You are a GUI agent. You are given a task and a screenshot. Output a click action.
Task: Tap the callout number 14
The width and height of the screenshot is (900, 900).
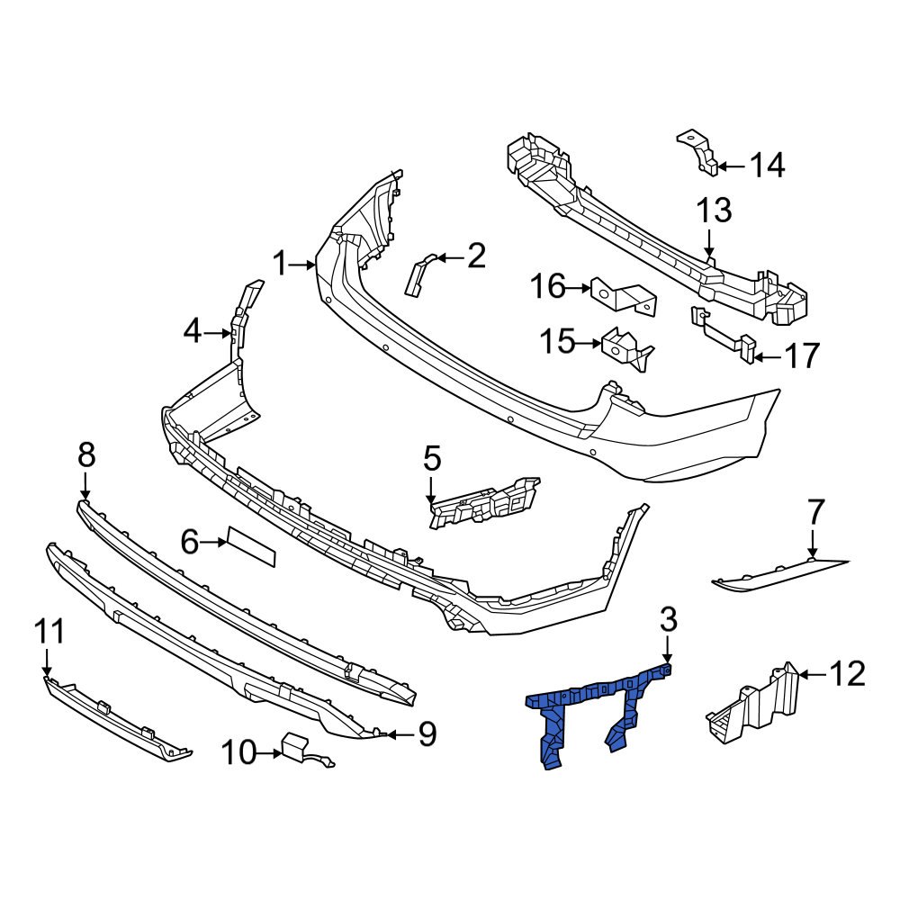coord(767,166)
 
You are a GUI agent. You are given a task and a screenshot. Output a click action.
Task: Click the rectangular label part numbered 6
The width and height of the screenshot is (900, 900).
coord(251,546)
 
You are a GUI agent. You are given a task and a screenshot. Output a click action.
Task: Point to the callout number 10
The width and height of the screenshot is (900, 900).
coord(238,752)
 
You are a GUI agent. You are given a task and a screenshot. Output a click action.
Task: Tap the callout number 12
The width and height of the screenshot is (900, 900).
coord(847,673)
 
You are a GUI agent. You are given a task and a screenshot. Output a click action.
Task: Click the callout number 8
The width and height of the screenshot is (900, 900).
coord(85,456)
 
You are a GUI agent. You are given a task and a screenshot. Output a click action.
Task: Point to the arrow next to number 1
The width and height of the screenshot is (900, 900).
coord(306,265)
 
